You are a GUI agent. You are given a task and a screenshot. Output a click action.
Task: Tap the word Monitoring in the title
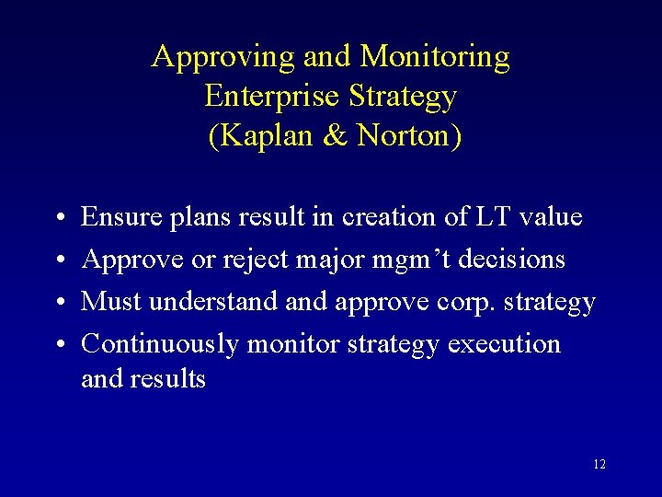click(x=435, y=57)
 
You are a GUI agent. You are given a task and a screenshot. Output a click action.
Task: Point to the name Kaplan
click(x=261, y=136)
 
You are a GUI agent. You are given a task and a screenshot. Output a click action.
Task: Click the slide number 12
click(x=599, y=465)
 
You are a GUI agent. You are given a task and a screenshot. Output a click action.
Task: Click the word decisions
click(x=511, y=260)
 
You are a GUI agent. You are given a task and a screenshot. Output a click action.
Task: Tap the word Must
click(x=110, y=302)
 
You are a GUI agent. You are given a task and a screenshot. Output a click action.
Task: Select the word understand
click(x=212, y=302)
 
